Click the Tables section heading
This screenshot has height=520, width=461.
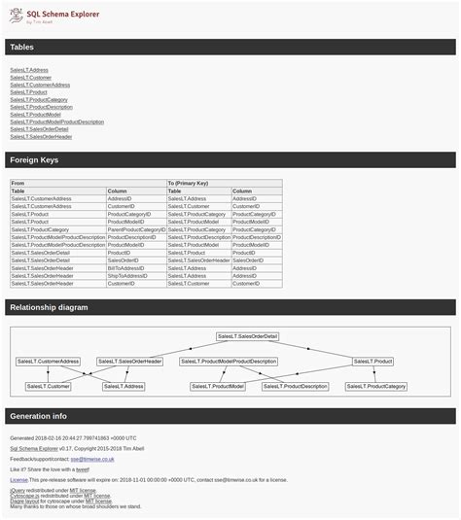pyautogui.click(x=21, y=47)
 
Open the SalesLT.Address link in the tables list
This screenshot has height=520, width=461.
pyautogui.click(x=29, y=70)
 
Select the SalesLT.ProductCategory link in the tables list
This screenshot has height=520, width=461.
pyautogui.click(x=39, y=99)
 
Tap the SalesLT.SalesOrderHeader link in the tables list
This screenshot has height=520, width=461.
pyautogui.click(x=41, y=136)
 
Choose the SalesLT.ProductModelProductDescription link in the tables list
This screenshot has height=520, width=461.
pyautogui.click(x=56, y=121)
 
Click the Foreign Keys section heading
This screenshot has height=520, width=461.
pyautogui.click(x=34, y=160)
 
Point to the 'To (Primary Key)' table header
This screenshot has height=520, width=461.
pyautogui.click(x=188, y=183)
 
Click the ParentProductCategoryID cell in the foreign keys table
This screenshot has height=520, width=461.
pyautogui.click(x=136, y=229)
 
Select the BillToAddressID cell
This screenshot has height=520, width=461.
pyautogui.click(x=126, y=268)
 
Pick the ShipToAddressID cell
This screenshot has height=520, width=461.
pyautogui.click(x=127, y=276)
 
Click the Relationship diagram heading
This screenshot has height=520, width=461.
pyautogui.click(x=49, y=307)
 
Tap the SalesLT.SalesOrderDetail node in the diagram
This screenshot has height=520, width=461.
pyautogui.click(x=247, y=336)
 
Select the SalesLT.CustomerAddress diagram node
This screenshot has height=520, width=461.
pyautogui.click(x=48, y=362)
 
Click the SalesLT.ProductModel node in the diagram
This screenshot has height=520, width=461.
pyautogui.click(x=218, y=386)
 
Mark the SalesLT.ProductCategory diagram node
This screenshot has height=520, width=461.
pyautogui.click(x=376, y=386)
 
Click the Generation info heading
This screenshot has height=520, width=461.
pyautogui.click(x=38, y=416)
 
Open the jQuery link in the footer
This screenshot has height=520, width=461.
pyautogui.click(x=17, y=491)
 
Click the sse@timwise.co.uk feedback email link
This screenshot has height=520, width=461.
pyautogui.click(x=98, y=459)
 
